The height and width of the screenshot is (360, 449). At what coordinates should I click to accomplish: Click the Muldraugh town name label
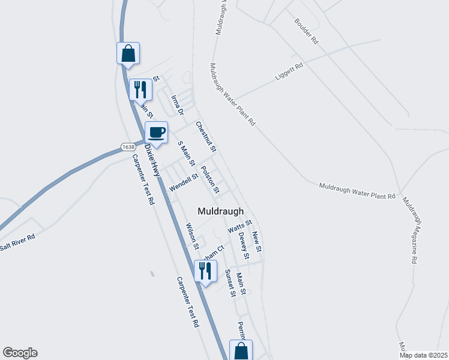point(221,211)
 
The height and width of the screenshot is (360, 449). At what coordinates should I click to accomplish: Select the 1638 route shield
point(127,146)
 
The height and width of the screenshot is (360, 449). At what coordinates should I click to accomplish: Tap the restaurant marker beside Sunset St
point(206,271)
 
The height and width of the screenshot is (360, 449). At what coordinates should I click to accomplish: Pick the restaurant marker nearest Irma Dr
point(140,90)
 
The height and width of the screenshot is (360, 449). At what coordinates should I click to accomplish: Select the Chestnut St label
point(205,136)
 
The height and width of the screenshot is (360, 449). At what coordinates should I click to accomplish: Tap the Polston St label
point(210,179)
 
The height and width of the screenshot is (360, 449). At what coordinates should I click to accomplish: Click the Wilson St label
point(191,234)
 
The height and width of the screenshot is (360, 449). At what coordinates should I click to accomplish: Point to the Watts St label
point(240,227)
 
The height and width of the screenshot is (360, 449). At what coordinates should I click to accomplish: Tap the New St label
point(257,241)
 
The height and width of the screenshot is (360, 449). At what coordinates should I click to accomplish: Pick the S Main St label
point(187,154)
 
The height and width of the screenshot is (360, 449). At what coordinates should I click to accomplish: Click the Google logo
point(20,353)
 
